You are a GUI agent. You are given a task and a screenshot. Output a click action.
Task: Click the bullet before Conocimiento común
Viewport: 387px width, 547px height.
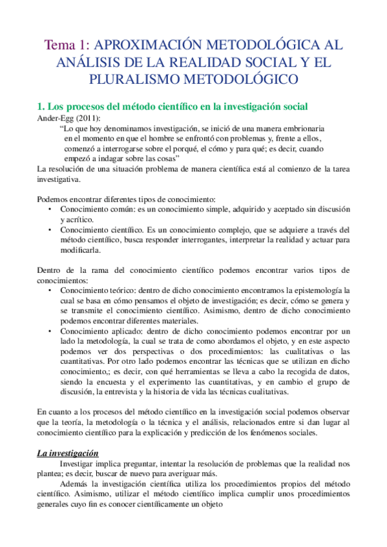[x=50, y=210]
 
